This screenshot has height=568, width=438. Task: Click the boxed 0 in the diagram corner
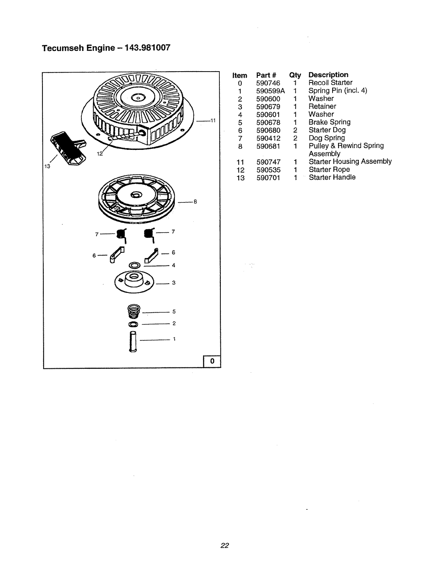[212, 362]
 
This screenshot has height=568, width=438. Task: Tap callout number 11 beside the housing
[213, 121]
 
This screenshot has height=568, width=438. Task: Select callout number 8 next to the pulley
[195, 202]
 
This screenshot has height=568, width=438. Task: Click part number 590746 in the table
[268, 83]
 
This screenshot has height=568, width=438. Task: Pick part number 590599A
[270, 91]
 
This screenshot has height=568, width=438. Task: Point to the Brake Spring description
[329, 122]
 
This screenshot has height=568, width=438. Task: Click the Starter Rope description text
[329, 170]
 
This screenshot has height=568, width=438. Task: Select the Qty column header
[295, 75]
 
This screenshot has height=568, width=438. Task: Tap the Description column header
[328, 75]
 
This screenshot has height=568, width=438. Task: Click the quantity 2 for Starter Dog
[295, 130]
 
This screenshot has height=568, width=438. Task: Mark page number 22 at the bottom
[224, 545]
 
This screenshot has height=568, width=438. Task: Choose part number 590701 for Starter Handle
[268, 177]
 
